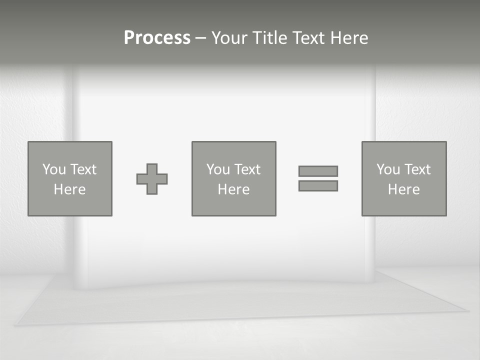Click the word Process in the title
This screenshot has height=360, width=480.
coord(157,38)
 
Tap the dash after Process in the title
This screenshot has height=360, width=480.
coord(200,38)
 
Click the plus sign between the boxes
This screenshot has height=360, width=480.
coord(152,179)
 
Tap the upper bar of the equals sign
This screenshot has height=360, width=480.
coord(318,171)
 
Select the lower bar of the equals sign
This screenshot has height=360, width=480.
coord(318,185)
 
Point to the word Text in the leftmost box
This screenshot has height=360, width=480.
coord(83,169)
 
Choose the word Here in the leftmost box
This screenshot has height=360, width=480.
coord(69,189)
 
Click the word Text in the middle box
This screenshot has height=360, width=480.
coord(247,169)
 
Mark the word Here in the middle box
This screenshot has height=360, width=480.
coord(233,189)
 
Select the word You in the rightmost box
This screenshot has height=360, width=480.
coord(388,169)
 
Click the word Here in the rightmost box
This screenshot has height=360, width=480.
coord(403,189)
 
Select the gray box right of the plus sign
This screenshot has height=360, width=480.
coord(233,205)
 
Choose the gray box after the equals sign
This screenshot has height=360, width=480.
coord(404,205)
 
